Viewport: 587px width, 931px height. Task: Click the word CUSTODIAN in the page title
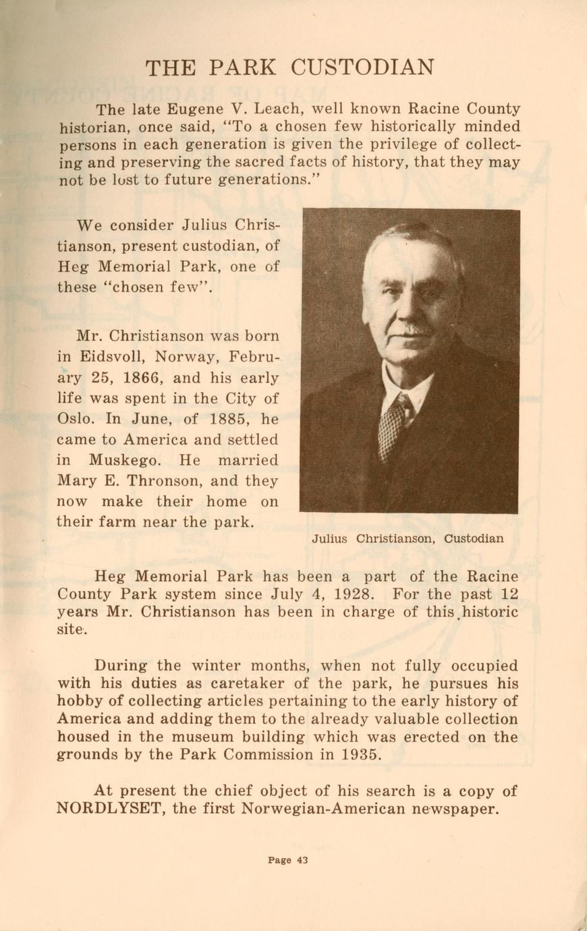coord(362,67)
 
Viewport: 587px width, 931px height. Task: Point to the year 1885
coord(233,418)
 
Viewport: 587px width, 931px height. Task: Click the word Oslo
coord(76,418)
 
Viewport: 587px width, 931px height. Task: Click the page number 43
coord(302,859)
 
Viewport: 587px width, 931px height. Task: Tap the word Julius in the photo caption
coord(330,538)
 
